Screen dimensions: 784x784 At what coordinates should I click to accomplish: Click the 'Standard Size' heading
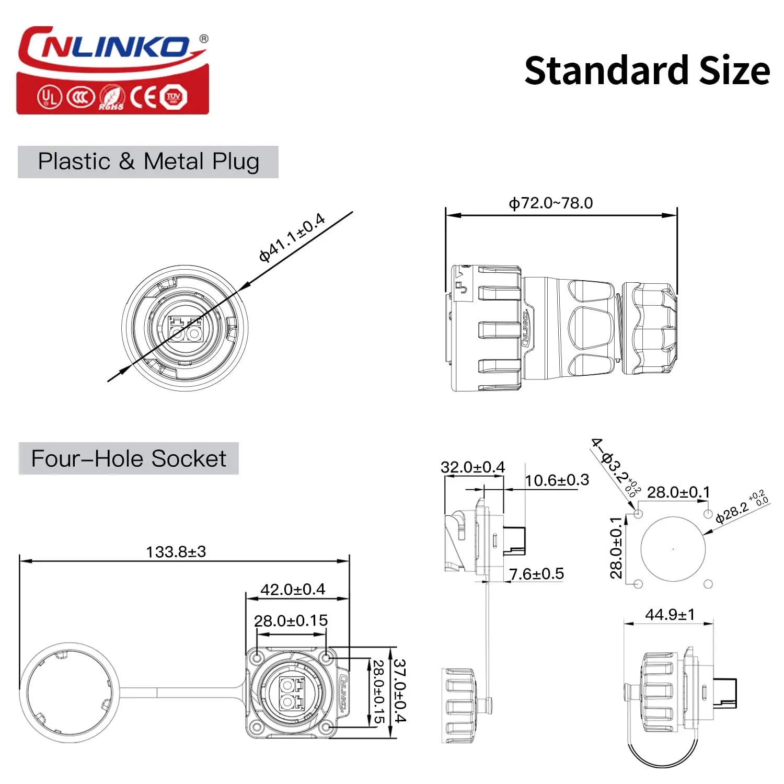[647, 71]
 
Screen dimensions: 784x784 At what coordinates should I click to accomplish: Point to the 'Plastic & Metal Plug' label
[148, 162]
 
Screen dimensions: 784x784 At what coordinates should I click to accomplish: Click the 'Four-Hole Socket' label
[129, 458]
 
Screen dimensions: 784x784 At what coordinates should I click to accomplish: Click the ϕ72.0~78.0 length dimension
[551, 203]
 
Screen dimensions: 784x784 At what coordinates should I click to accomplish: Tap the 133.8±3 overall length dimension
[176, 551]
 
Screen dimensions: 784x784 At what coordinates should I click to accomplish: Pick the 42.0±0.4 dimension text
[293, 589]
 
